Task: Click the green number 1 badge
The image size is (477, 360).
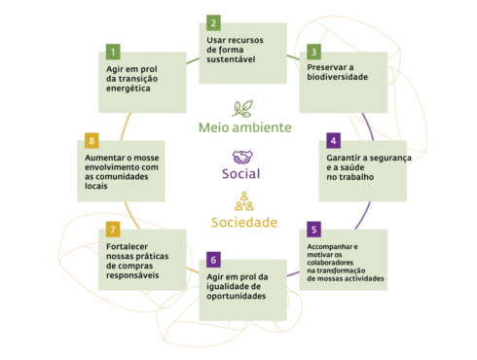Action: pyautogui.click(x=113, y=51)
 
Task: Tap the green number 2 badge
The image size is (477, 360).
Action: pyautogui.click(x=213, y=21)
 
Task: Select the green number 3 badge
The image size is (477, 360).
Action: pyautogui.click(x=313, y=51)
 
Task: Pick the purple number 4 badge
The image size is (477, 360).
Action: pyautogui.click(x=334, y=139)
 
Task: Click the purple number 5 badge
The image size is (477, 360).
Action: pyautogui.click(x=313, y=230)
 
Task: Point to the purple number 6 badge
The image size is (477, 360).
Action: pyautogui.click(x=213, y=260)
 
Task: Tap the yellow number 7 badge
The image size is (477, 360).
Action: pyautogui.click(x=113, y=230)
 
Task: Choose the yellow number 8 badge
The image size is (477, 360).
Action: pyautogui.click(x=92, y=139)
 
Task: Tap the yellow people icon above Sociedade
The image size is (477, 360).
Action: pyautogui.click(x=242, y=201)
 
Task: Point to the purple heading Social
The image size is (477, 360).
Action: pyautogui.click(x=241, y=174)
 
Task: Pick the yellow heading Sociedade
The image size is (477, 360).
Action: pyautogui.click(x=243, y=222)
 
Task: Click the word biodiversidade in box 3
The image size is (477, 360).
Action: pyautogui.click(x=338, y=77)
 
